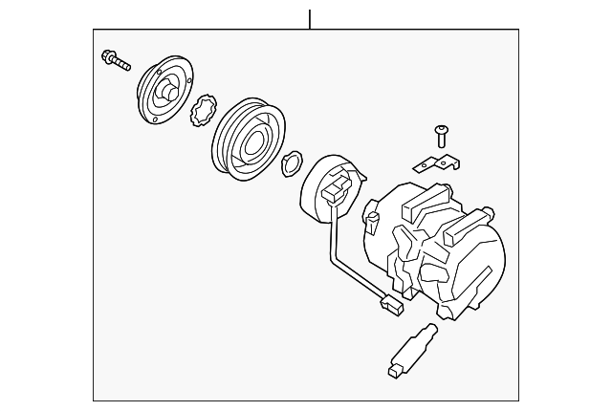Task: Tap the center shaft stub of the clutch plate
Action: [x=165, y=94]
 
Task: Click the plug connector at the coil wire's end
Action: [x=389, y=306]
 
